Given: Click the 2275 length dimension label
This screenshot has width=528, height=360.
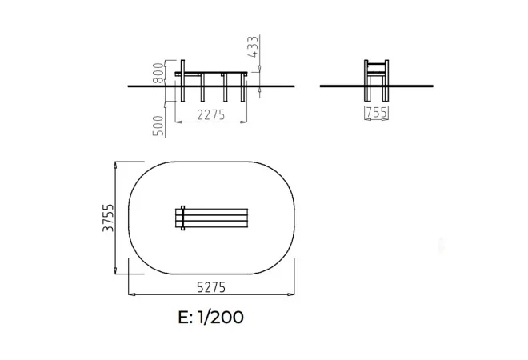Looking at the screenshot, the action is coord(210,115).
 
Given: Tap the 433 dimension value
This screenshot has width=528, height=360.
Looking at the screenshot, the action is coord(254,46).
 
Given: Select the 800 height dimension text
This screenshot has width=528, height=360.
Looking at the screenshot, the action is coord(158,73).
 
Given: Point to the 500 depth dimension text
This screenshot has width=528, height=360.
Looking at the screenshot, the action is coord(158,126).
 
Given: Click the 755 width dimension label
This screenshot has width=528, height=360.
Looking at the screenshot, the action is coord(377,113).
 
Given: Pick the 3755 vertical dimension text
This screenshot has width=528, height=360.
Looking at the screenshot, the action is coord(109,218).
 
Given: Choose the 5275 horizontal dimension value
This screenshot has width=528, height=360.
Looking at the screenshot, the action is coord(211,287).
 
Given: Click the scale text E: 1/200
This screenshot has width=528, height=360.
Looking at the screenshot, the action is coord(210,317).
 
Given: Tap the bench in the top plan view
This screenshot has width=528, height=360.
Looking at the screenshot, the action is coord(212,218).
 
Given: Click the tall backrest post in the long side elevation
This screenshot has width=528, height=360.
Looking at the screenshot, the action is coord(183,81).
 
